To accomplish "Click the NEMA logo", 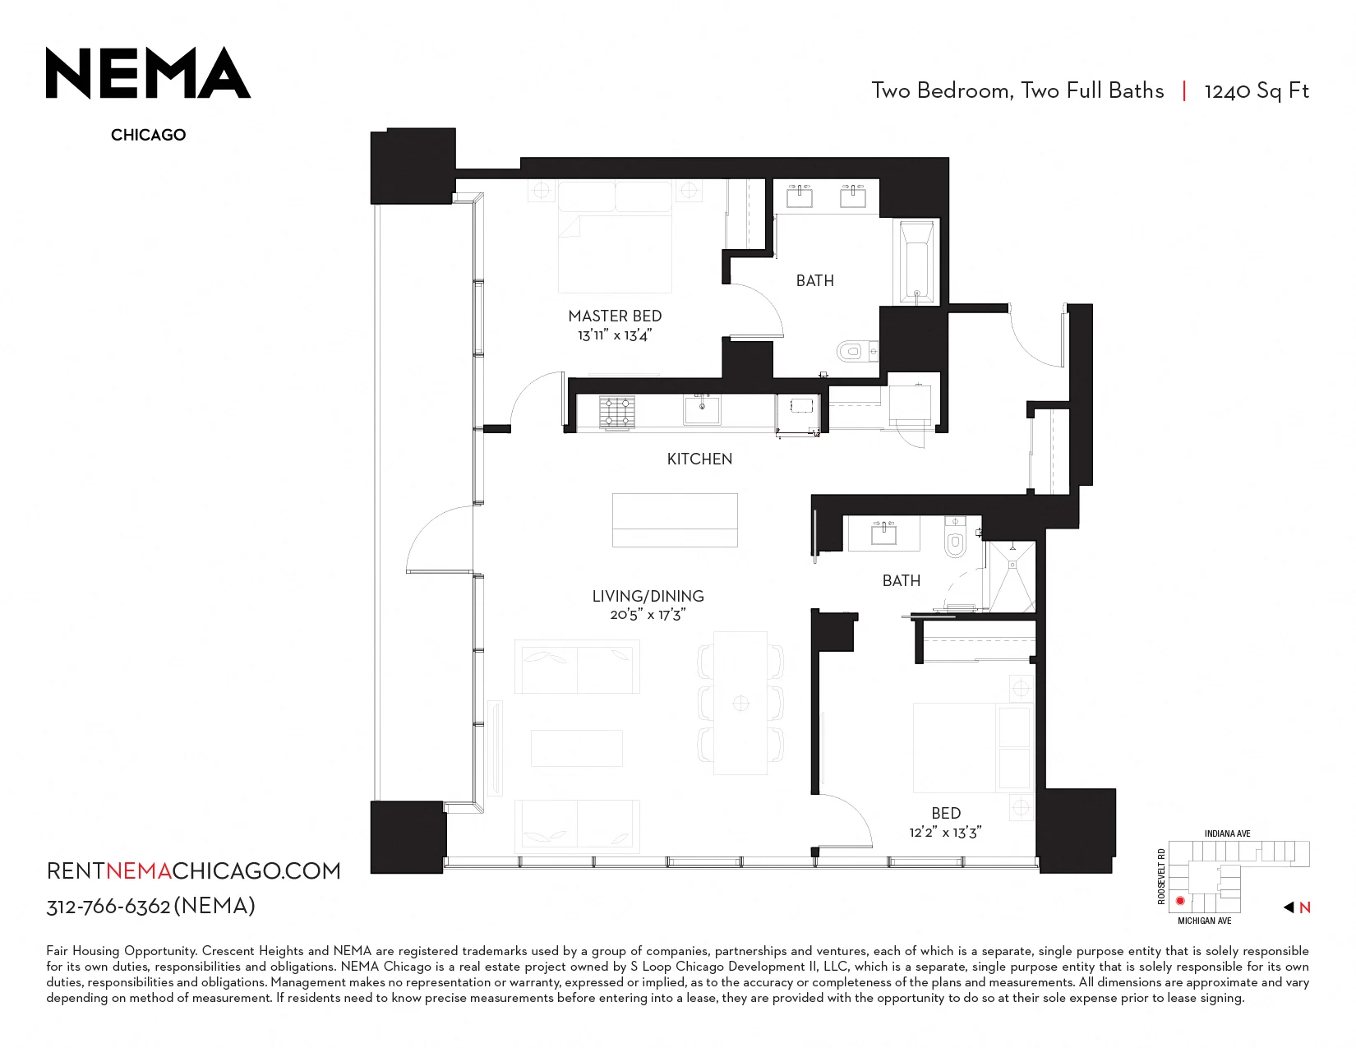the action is click(x=148, y=73).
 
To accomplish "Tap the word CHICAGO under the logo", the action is click(x=148, y=135).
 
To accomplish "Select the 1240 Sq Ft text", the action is click(x=1257, y=91).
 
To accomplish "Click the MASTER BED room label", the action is click(x=615, y=316).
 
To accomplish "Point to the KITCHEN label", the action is click(x=699, y=459).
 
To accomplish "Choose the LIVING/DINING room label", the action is click(x=648, y=596).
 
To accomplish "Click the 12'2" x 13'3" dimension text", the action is click(x=945, y=832).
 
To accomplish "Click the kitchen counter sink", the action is click(x=702, y=410).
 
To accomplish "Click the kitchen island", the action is click(x=675, y=520).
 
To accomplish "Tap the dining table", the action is click(x=740, y=703).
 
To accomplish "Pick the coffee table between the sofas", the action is click(x=577, y=748).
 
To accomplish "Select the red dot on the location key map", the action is click(x=1180, y=901).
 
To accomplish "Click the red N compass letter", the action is click(x=1304, y=907).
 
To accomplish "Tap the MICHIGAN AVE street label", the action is click(x=1204, y=921).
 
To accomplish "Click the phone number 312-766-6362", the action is click(x=108, y=906).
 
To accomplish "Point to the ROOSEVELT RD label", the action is click(x=1161, y=875).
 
